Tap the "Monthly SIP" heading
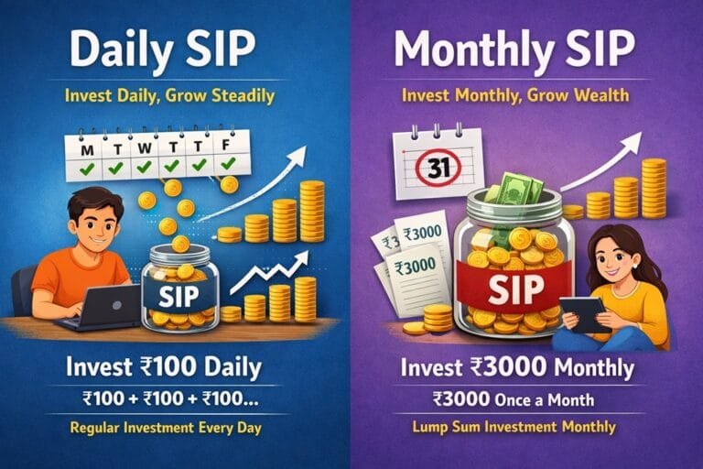527,51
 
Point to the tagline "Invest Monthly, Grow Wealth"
527,95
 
